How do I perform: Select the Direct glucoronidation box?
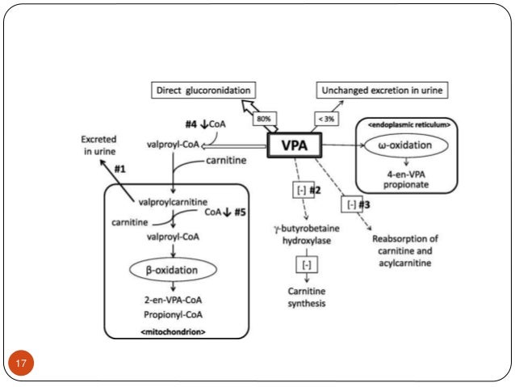click(201, 90)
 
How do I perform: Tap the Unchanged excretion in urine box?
click(383, 90)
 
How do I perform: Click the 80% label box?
click(263, 119)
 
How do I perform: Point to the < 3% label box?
click(326, 119)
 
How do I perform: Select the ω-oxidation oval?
click(407, 146)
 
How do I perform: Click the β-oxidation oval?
click(172, 268)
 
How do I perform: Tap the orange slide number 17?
click(22, 362)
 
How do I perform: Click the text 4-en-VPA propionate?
click(407, 178)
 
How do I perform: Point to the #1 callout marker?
click(120, 169)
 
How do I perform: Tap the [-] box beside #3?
click(350, 204)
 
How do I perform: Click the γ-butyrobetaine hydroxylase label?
click(308, 235)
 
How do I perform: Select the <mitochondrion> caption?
click(174, 331)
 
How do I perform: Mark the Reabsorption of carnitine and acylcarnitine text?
click(405, 250)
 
